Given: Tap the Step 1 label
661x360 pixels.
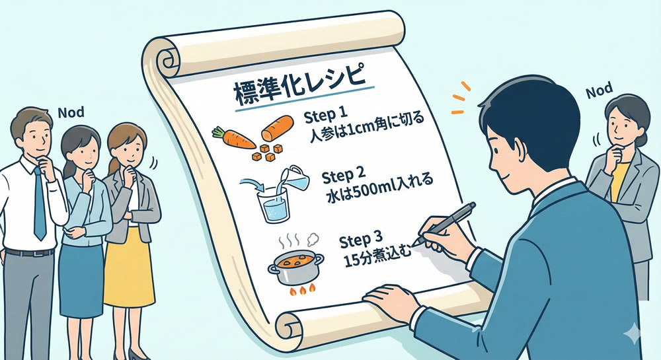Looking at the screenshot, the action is pos(326,115).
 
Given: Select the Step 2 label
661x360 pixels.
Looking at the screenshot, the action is pos(344,175).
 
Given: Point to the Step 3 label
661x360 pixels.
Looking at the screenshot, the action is pos(361,240).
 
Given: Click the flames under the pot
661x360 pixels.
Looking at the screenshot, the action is pos(301,289).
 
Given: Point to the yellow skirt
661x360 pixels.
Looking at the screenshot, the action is pos(128,268).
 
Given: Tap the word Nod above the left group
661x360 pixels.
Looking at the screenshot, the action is pos(71,112).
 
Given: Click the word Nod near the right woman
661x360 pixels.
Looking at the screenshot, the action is pos(600,90).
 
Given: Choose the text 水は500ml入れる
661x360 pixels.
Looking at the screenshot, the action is pos(379,189).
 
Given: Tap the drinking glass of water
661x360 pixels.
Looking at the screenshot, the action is pos(273,205).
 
